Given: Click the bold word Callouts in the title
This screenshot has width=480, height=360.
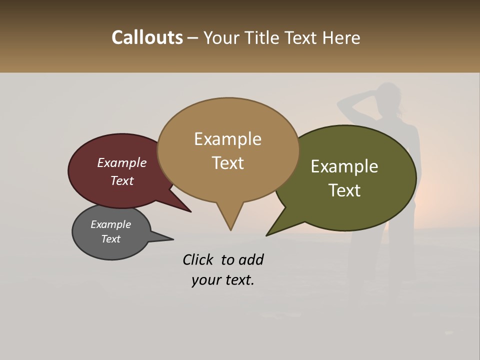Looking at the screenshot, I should (x=147, y=37).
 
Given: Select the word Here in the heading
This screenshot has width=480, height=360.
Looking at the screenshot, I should (x=341, y=37).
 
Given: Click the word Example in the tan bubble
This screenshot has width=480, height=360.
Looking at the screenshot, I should (x=227, y=139).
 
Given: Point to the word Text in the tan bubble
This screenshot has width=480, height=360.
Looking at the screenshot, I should (x=227, y=163).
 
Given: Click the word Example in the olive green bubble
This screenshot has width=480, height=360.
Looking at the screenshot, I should (x=344, y=166).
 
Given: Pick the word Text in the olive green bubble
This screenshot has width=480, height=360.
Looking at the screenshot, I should (x=344, y=190).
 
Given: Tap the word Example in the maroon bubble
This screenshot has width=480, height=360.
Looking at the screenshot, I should (x=121, y=163).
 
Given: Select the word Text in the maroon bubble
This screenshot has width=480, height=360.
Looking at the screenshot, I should (x=121, y=180).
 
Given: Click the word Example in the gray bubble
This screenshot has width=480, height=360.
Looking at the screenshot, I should (x=110, y=224).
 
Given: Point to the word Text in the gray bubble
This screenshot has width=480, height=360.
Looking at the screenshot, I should (x=110, y=239).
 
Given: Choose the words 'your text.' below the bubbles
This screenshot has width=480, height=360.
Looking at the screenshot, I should (x=222, y=280).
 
